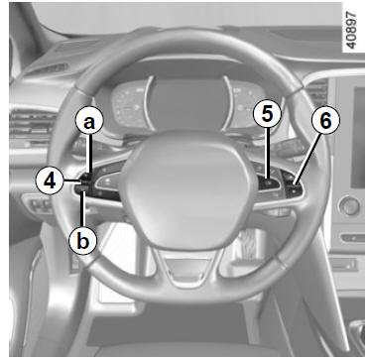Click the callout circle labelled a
89,123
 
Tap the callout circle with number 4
50,181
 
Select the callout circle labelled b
83,242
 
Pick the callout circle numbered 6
325,121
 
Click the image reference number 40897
349,32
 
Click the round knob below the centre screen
349,205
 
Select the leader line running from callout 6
306,161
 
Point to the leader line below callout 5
268,155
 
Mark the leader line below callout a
89,155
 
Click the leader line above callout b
83,209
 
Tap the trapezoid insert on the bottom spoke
186,267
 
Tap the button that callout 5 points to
268,182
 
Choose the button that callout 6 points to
294,188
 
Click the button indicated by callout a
87,176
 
